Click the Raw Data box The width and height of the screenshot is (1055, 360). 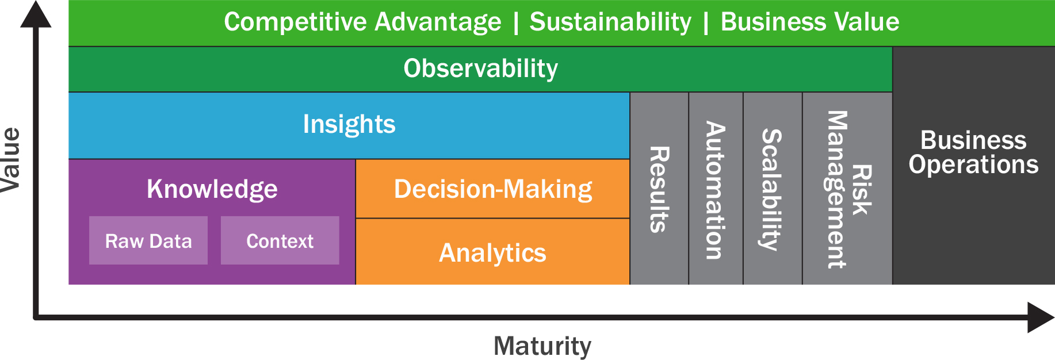pos(148,240)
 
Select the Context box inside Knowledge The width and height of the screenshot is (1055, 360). pos(280,240)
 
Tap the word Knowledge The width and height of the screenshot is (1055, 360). pos(212,189)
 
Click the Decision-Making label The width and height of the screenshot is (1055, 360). pos(493,189)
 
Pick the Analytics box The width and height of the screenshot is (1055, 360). pos(493,252)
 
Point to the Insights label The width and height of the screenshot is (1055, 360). pos(349,124)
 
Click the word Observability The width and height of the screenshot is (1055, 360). pos(481,68)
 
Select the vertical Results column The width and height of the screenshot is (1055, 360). pos(659,189)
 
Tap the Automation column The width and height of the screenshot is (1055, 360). pos(716,189)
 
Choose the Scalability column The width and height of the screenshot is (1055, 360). pos(773,189)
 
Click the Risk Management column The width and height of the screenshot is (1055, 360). pos(847,189)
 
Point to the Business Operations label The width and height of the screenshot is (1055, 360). pos(973,152)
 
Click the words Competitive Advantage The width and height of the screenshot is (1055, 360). pos(362,22)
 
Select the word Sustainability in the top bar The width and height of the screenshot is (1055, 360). pos(610,22)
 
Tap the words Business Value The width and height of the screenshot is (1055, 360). pos(810,22)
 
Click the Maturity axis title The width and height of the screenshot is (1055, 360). pos(542,346)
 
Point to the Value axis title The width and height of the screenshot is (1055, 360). pos(11,160)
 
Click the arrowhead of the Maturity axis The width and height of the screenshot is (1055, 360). pos(1041,317)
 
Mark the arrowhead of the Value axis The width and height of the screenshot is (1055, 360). pos(36,14)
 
